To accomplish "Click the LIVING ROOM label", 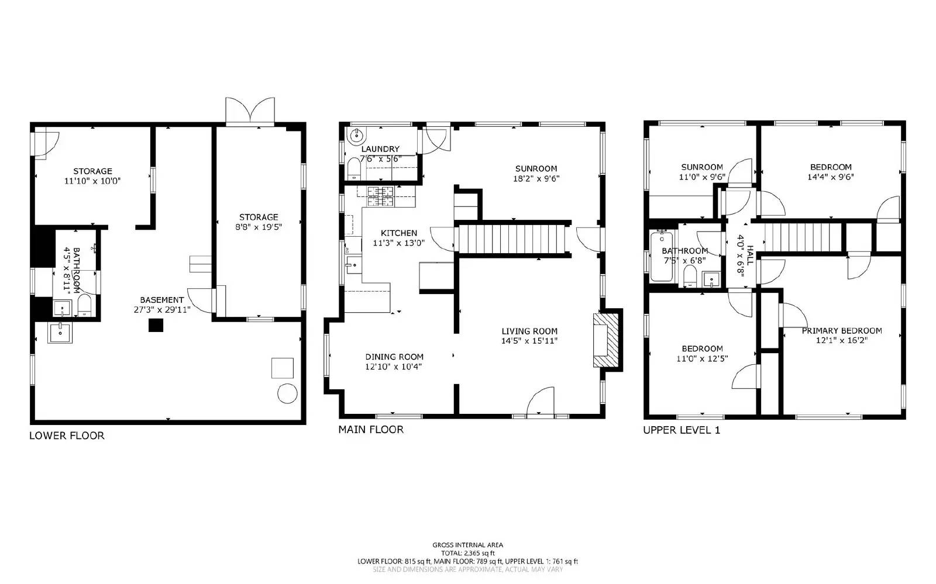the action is point(529,331).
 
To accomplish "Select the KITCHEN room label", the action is point(398,233).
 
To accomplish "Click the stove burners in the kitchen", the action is point(380,196).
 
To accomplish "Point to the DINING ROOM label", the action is point(394,357).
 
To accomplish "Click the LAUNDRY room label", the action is point(380,149).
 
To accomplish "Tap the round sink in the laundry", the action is point(356,135).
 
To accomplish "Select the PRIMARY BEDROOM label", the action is point(842,331).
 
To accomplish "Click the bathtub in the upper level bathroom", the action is point(662,257).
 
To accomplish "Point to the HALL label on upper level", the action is point(751,255).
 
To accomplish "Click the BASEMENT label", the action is point(161,300).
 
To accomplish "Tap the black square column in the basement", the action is point(156,325).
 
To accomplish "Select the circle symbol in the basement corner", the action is point(287,393).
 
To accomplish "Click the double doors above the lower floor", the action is point(250,111).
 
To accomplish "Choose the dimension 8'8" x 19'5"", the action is point(259,227).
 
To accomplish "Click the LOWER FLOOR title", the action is point(67,436).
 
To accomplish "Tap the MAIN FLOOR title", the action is point(371,430).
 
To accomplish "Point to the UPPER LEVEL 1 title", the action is point(682,430).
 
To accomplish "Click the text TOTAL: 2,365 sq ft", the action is point(468,553).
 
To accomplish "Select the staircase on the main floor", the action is point(512,239).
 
